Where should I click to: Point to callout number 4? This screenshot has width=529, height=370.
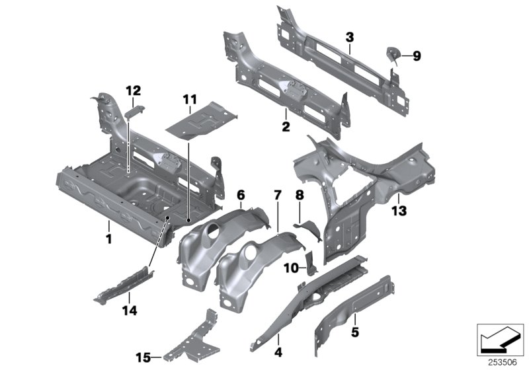pos(278,351)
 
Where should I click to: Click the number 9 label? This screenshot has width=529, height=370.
pos(417,57)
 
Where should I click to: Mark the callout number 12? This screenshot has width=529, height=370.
pos(134,90)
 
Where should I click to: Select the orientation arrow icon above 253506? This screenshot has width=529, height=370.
pos(499,342)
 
